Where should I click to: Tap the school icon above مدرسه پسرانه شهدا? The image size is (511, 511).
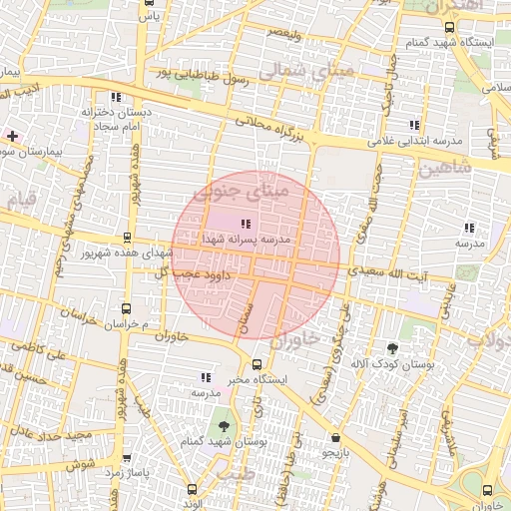pyautogui.click(x=246, y=224)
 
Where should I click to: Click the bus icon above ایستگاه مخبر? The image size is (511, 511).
pyautogui.click(x=257, y=364)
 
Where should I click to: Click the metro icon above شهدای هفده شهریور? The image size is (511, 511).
pyautogui.click(x=127, y=238)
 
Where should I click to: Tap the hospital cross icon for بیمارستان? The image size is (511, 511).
pyautogui.click(x=11, y=135)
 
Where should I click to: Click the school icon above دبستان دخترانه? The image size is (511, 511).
pyautogui.click(x=117, y=98)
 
